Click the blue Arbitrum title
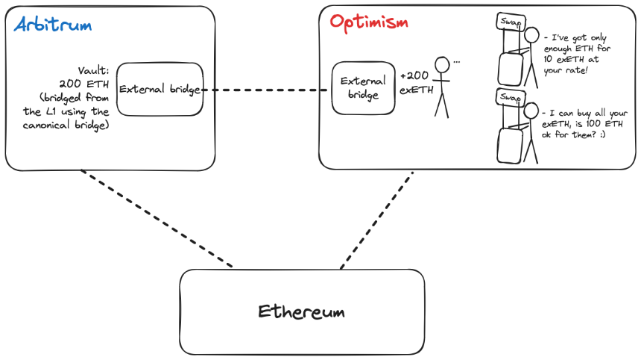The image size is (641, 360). [x=53, y=25]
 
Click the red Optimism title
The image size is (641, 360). [x=369, y=23]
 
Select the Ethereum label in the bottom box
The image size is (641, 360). [x=301, y=312]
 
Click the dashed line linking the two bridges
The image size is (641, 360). [x=265, y=90]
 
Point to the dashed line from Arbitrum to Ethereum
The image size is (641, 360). [x=157, y=219]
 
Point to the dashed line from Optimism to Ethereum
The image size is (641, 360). [x=376, y=220]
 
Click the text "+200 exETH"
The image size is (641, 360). [x=416, y=82]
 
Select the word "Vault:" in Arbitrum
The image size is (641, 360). [x=94, y=70]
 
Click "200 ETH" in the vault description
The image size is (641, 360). [x=84, y=84]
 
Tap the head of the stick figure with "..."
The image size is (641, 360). [x=442, y=65]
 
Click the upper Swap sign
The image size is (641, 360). [x=511, y=22]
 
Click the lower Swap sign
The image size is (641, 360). [x=510, y=98]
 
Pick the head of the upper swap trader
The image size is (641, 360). [x=531, y=35]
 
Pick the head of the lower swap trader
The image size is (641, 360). [x=531, y=111]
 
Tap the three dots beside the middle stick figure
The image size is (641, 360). [x=457, y=62]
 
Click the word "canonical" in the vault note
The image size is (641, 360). [x=46, y=125]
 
